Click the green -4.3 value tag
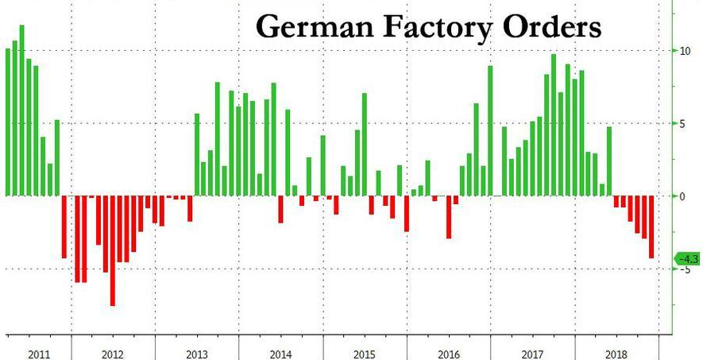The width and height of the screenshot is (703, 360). pyautogui.click(x=686, y=258)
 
